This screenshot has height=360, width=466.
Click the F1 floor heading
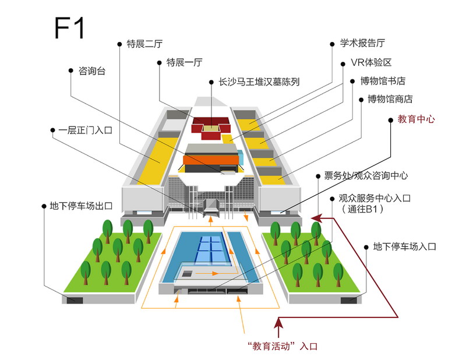69,27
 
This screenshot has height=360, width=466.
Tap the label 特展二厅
144,44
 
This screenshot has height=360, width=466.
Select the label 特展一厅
184,62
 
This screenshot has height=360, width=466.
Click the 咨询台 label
92,70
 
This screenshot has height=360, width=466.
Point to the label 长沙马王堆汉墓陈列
259,82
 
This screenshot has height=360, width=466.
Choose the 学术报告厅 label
362,44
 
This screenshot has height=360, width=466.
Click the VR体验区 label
371,62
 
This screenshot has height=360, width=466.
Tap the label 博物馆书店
383,81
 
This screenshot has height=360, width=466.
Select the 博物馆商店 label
390,99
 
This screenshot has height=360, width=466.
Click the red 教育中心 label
416,119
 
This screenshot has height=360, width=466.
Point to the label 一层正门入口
85,130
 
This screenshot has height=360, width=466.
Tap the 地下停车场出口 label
81,206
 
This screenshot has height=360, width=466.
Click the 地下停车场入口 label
404,246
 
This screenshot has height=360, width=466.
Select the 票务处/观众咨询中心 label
366,176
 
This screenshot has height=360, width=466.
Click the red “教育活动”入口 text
283,346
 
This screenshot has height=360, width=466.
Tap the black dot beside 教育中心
391,120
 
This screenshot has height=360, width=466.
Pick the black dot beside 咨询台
70,70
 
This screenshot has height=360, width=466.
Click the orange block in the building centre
211,160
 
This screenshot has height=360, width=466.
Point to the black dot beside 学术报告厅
332,44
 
